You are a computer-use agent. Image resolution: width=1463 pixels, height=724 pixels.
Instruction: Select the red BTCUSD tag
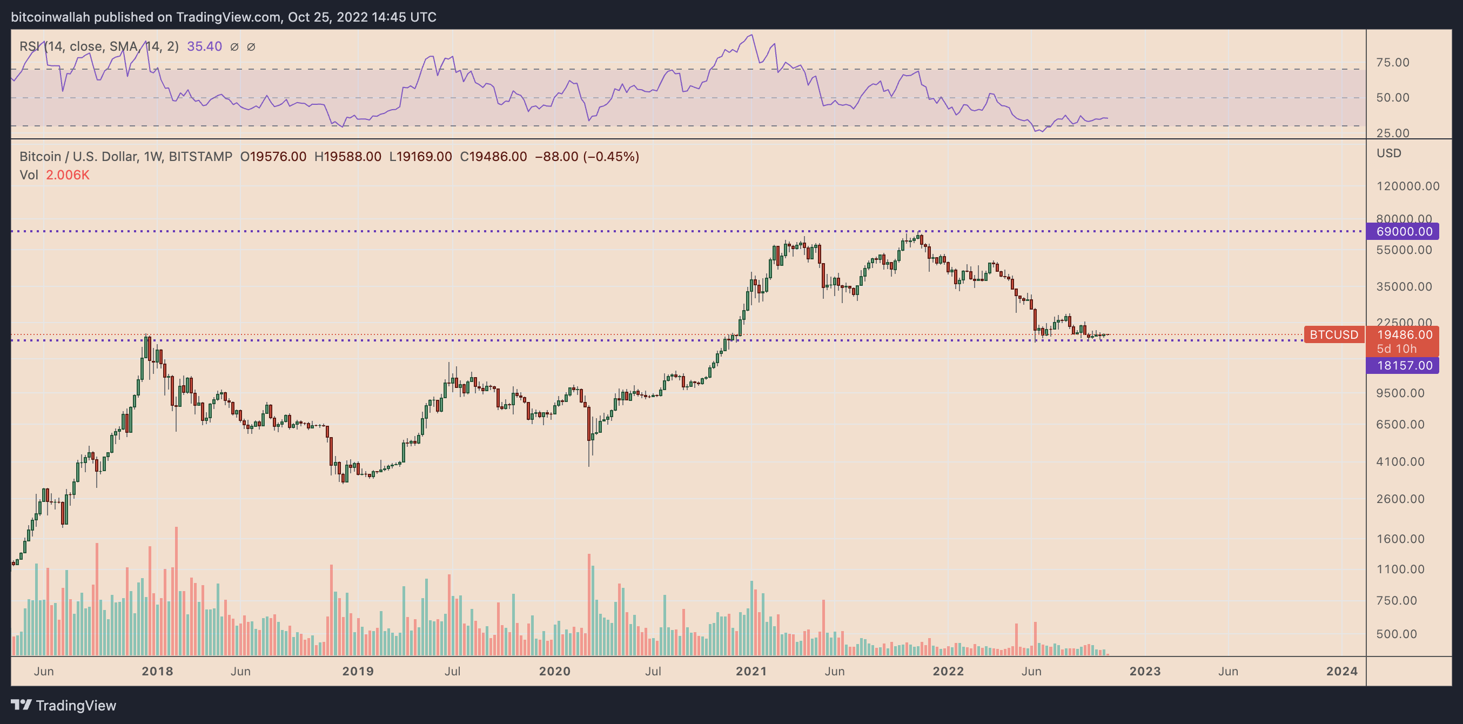pos(1333,334)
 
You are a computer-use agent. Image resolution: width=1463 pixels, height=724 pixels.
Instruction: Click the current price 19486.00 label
pos(1404,335)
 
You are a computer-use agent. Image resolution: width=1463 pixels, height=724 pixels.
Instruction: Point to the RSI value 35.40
pos(204,46)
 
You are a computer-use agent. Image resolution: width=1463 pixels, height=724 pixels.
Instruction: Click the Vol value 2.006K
pos(68,175)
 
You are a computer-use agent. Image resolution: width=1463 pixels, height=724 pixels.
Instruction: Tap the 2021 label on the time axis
pos(751,671)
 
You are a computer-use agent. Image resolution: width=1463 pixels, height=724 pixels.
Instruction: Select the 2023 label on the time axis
pos(1145,671)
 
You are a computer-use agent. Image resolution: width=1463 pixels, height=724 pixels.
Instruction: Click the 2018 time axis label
pos(157,671)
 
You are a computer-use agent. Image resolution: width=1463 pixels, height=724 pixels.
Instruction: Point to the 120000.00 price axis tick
pos(1408,186)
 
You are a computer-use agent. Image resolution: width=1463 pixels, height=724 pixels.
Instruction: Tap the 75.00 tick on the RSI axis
pos(1393,63)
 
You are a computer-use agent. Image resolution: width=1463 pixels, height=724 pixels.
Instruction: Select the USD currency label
pos(1388,153)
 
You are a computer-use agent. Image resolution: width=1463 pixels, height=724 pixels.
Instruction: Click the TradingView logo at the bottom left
pos(64,705)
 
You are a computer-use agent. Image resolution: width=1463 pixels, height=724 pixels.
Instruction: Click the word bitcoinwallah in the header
pos(51,17)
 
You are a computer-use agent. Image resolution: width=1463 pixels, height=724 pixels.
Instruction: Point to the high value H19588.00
pos(347,157)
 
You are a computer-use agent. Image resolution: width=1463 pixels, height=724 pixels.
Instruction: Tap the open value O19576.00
pos(273,157)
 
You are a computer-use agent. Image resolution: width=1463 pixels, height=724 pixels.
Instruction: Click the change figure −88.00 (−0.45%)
pos(587,157)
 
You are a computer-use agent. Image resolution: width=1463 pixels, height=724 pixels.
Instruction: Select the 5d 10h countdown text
pos(1397,348)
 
